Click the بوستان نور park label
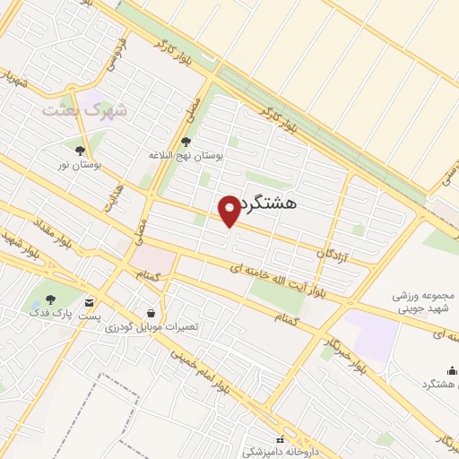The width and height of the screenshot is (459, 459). coord(86,165)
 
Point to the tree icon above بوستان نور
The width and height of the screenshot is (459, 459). coord(81,151)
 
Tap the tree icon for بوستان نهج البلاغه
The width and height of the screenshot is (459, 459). coord(186,141)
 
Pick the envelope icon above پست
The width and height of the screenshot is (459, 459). coord(89,301)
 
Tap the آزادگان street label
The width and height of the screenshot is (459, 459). coord(332,255)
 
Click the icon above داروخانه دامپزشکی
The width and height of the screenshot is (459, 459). coord(281,439)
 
